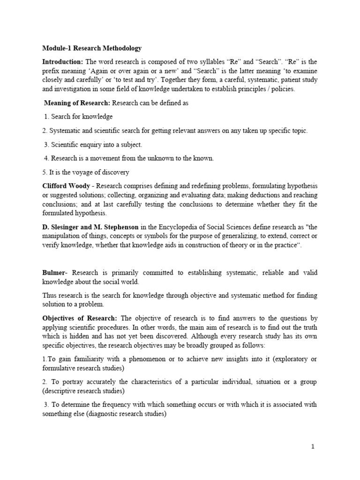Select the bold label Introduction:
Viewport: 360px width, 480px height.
click(x=62, y=62)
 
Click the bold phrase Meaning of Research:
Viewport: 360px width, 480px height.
click(x=77, y=103)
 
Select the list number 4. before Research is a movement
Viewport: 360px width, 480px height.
click(x=46, y=158)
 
